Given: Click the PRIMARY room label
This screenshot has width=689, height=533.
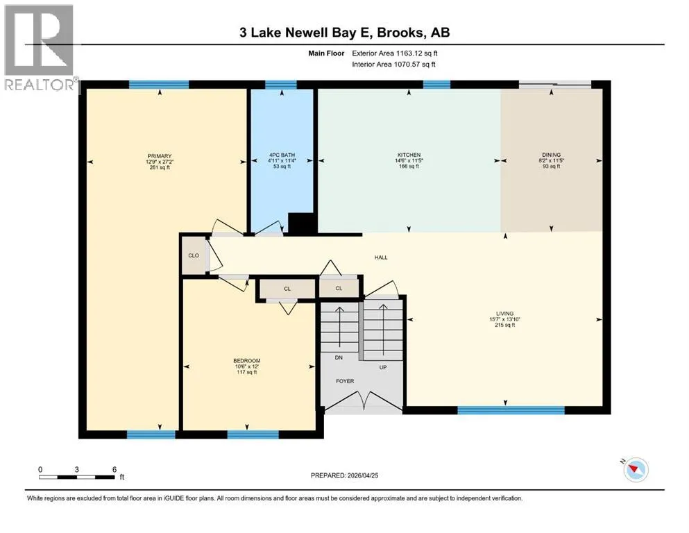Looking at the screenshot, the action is [160, 156].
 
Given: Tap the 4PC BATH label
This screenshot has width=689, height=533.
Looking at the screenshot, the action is [282, 155].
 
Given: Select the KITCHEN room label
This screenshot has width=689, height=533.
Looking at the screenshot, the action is [409, 155].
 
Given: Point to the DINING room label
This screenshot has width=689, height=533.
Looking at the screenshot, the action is [552, 155].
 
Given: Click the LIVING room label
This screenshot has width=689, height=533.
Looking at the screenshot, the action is [505, 314].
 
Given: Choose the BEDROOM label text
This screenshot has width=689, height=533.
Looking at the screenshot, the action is [247, 361].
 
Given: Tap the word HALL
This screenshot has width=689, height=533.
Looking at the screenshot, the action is [381, 257].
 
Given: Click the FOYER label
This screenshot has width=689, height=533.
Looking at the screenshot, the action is [345, 381].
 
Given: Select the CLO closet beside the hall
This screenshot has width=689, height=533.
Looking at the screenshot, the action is [194, 255].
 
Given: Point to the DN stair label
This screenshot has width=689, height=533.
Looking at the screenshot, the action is [339, 357].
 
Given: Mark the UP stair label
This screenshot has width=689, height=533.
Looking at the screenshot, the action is [383, 367].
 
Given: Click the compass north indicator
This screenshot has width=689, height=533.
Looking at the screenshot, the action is [636, 469].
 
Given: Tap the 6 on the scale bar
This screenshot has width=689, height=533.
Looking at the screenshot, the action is [114, 469].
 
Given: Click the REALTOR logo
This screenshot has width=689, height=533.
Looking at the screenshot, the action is [39, 48].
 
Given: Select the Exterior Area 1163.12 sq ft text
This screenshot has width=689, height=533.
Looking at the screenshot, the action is [395, 53].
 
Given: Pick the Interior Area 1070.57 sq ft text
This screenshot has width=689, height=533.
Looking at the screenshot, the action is [393, 64].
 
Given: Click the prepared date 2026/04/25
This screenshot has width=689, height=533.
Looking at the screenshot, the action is [363, 475].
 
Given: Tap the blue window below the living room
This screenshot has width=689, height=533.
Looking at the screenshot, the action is [511, 410].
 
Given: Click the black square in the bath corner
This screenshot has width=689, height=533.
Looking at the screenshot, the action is [301, 223].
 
